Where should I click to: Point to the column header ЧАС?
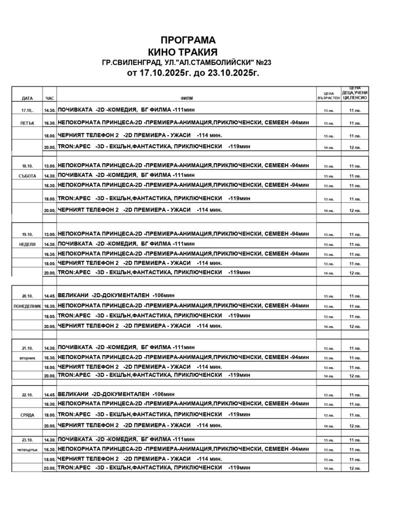pos(49,98)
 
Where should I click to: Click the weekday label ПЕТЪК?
pos(27,123)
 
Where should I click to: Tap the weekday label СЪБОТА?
pos(27,176)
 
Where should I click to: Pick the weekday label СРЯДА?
pos(27,415)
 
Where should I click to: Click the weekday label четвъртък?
pos(27,450)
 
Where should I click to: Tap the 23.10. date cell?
pos(27,440)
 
